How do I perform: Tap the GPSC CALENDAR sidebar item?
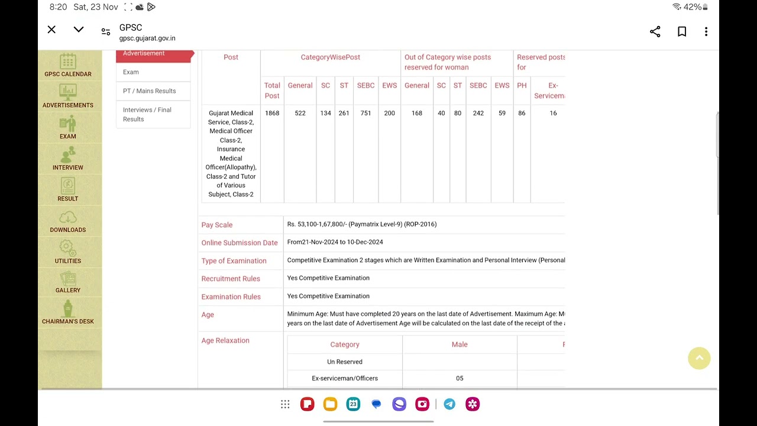click(67, 66)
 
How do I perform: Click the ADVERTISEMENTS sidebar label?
click(67, 105)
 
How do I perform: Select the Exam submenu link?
click(131, 72)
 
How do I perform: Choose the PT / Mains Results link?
click(149, 91)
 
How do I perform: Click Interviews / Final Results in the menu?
click(147, 114)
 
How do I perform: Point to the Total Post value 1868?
click(272, 113)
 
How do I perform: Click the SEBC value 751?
click(365, 113)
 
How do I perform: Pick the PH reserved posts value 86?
click(522, 113)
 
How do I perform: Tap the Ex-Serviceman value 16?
click(553, 113)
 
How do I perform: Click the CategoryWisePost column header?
click(330, 57)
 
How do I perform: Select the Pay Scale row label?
click(217, 225)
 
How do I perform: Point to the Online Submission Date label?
click(239, 243)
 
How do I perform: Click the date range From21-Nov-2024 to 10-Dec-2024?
click(335, 242)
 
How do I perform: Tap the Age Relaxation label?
click(225, 341)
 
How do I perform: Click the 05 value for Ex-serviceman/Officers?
click(460, 378)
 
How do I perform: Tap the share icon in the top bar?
click(655, 32)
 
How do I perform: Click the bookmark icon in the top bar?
click(682, 32)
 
